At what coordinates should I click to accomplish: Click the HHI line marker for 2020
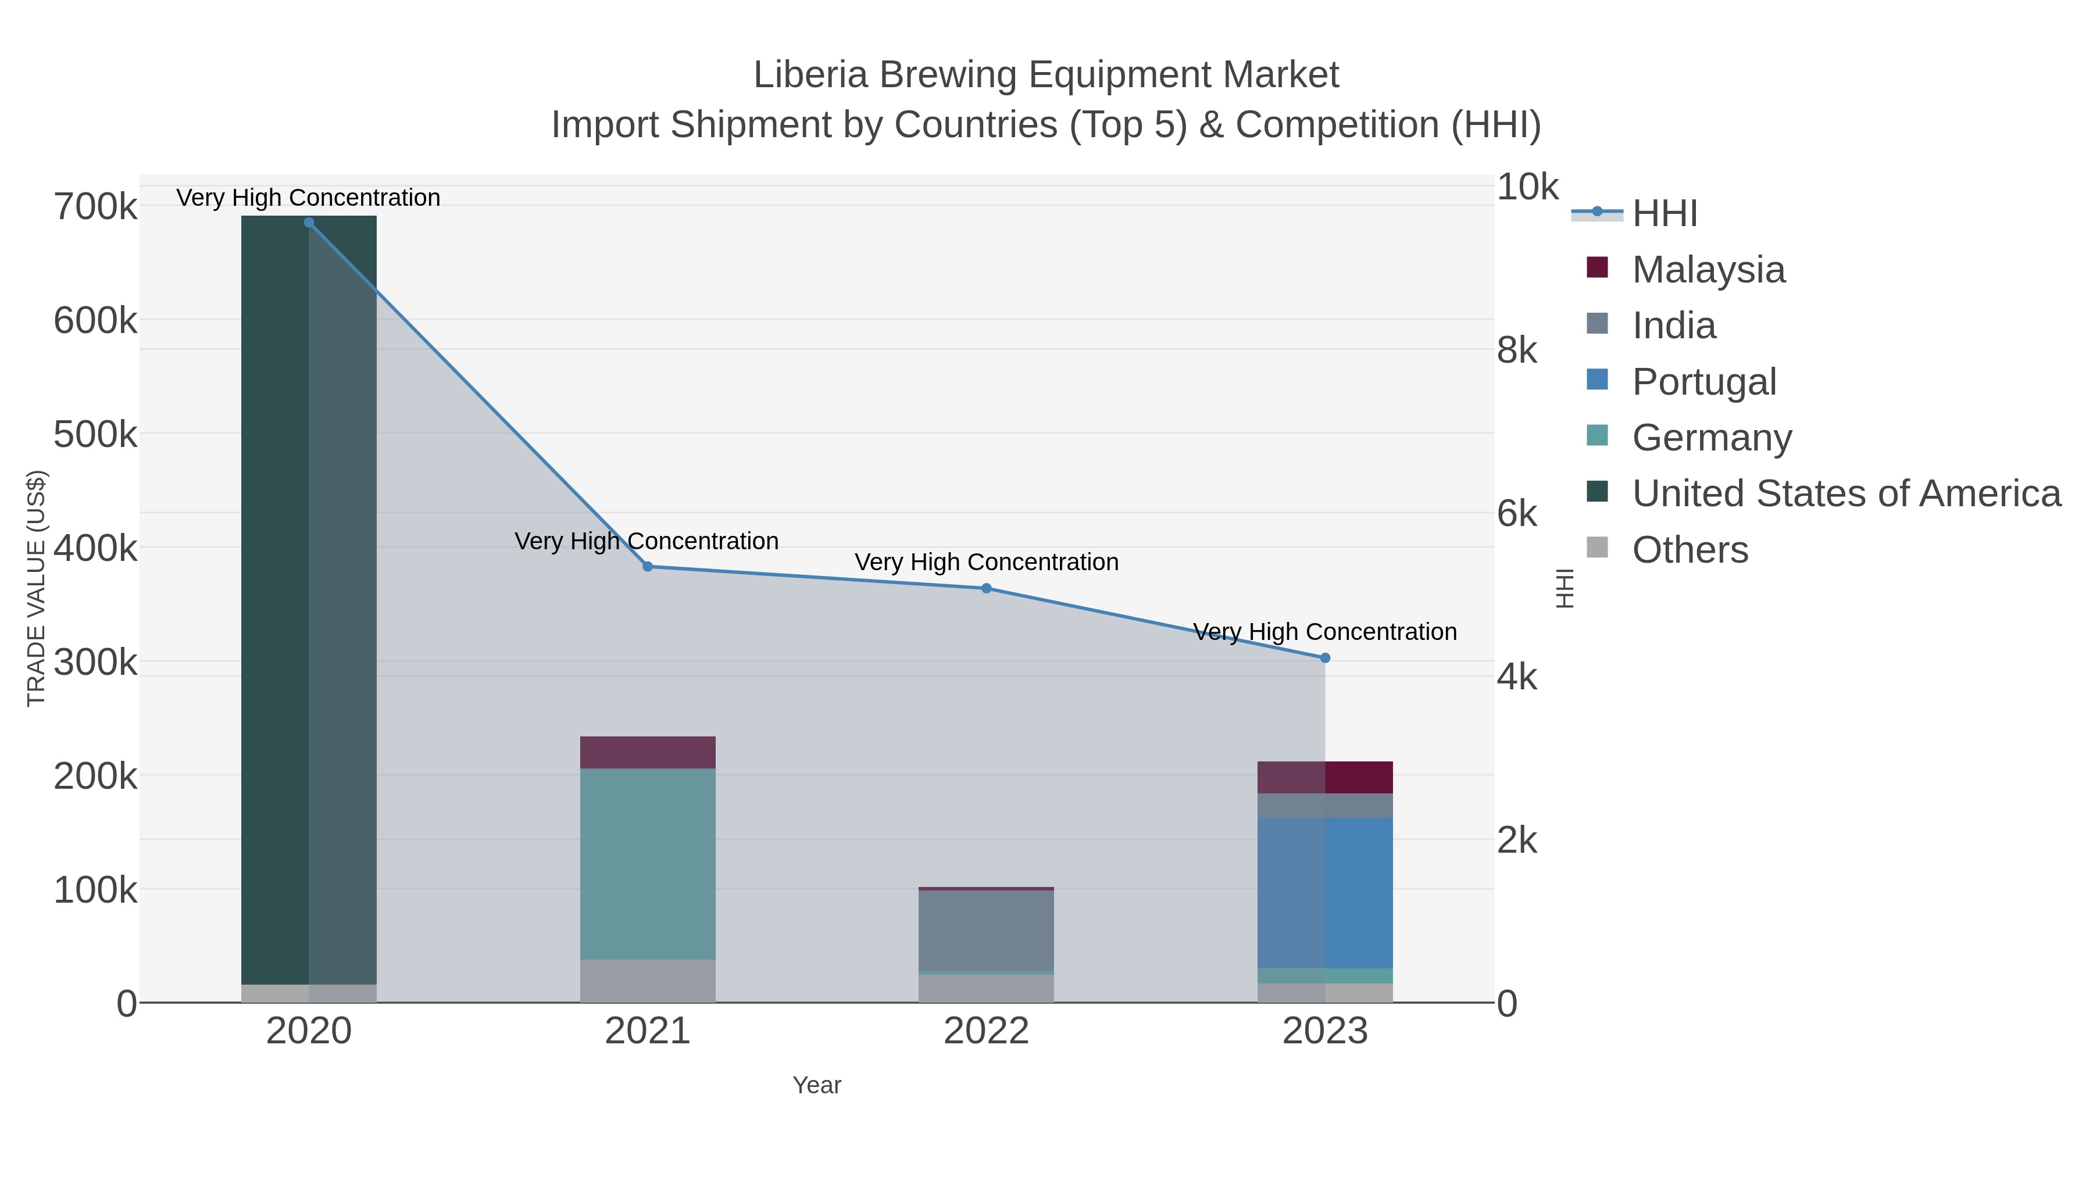click(x=309, y=223)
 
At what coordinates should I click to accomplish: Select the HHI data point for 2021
click(x=648, y=567)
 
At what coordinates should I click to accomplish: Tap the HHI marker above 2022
click(x=987, y=588)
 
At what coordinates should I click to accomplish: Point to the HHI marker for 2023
click(x=1325, y=658)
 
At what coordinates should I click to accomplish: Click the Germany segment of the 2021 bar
click(x=648, y=864)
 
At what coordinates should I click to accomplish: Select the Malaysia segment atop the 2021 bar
click(x=648, y=752)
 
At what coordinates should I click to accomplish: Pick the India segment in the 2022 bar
click(x=987, y=930)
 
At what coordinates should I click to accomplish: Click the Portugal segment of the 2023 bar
click(x=1325, y=893)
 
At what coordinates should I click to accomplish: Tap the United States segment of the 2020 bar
click(x=309, y=601)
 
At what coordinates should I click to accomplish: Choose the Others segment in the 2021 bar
click(x=648, y=981)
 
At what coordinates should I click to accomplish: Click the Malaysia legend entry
click(x=1708, y=270)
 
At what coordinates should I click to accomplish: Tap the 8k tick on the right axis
click(x=1517, y=351)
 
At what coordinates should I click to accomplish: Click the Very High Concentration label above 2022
click(x=987, y=562)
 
